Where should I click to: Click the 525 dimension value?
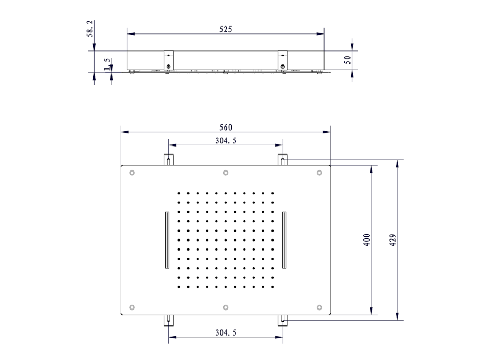tap(226, 29)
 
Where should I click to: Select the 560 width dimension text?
tap(226, 127)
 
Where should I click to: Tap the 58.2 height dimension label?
tap(90, 29)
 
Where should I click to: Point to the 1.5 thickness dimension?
tap(107, 64)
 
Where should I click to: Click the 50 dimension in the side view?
tap(347, 60)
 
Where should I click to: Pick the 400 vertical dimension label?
tap(366, 240)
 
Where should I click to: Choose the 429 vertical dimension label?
tap(393, 240)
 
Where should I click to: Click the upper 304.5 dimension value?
tap(226, 141)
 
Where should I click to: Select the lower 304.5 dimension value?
tap(226, 332)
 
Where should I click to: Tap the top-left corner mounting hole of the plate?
tap(132, 173)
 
